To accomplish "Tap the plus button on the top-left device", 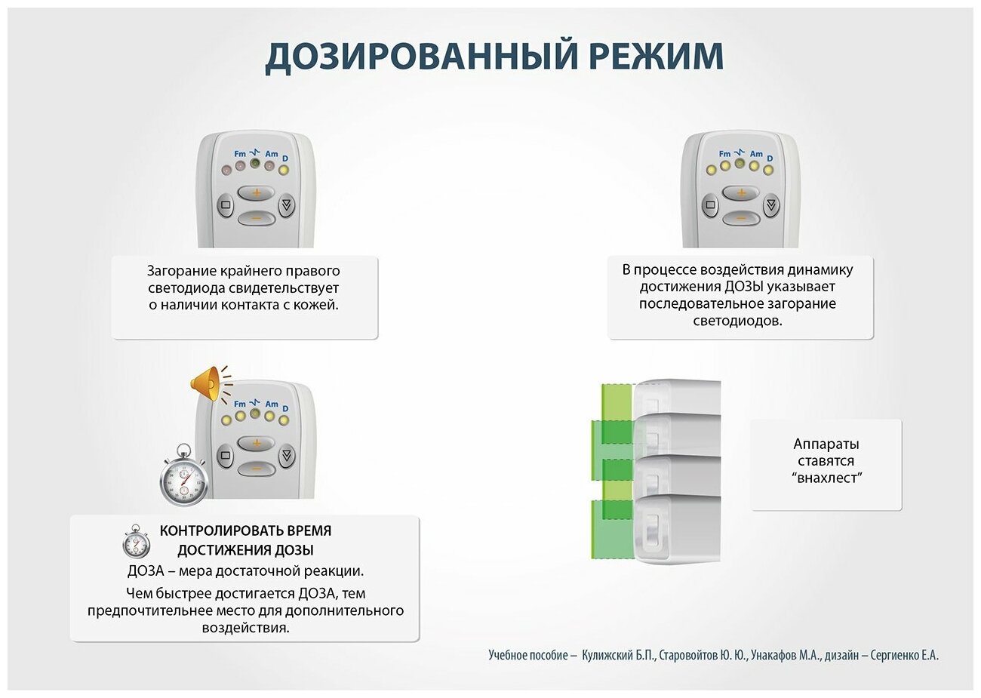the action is pos(257,192).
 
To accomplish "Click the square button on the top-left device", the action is pos(225,204).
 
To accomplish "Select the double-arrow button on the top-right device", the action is pos(770,204).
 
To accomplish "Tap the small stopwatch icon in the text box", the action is pos(137,541).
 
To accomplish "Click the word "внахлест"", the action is pos(827,478).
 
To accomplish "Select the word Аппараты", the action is pos(826,444).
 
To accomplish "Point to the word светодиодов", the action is pos(738,321).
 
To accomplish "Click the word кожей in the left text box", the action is pos(318,305).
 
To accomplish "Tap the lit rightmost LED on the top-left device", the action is pos(284,170).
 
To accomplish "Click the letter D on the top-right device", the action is pos(770,158).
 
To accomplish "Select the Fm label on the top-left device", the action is pos(240,154).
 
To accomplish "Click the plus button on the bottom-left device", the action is pos(257,443).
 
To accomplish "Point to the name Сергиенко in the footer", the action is pos(893,656).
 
